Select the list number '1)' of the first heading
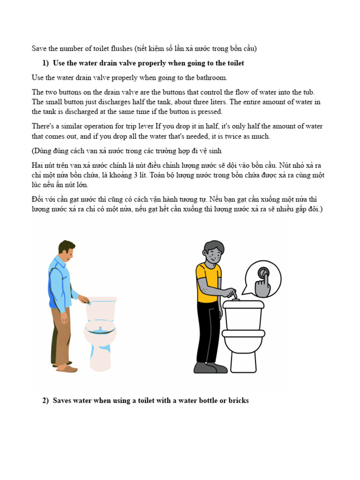point(45,63)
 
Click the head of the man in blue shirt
point(66,251)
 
